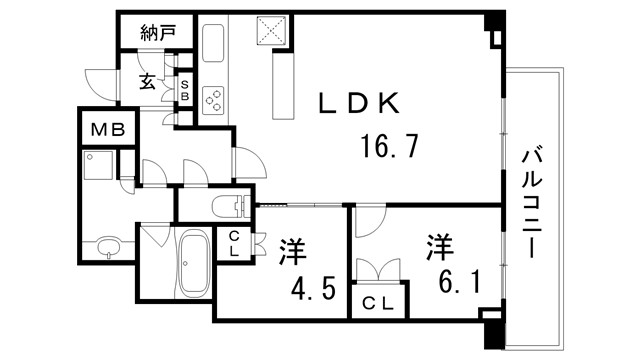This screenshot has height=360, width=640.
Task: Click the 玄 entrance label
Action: click(x=146, y=83)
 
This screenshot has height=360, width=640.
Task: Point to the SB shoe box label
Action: click(x=184, y=90)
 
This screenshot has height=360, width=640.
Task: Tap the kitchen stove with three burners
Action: click(x=215, y=99)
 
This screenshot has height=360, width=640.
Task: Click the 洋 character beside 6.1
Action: click(x=440, y=245)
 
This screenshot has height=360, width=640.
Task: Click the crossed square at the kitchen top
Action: click(x=271, y=32)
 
